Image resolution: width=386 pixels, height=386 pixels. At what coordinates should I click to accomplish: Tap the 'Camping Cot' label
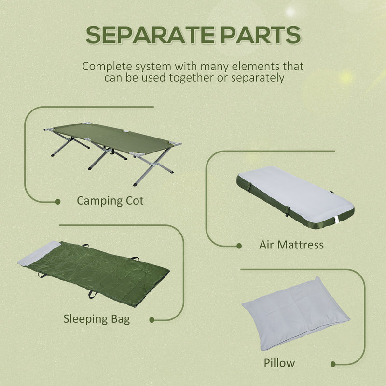(110, 200)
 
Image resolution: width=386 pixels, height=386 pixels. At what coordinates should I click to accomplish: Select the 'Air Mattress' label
(291, 245)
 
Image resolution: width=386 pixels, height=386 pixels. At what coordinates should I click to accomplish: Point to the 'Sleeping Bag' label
(96, 318)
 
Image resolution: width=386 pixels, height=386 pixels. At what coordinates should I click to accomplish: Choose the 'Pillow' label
(279, 362)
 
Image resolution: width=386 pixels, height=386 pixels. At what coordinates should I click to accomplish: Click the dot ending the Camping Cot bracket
(58, 202)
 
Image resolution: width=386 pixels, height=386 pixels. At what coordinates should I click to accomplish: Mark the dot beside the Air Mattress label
(239, 246)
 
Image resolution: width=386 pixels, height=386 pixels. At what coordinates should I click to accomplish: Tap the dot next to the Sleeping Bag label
(152, 319)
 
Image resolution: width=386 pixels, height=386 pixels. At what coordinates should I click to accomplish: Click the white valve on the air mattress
(336, 221)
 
